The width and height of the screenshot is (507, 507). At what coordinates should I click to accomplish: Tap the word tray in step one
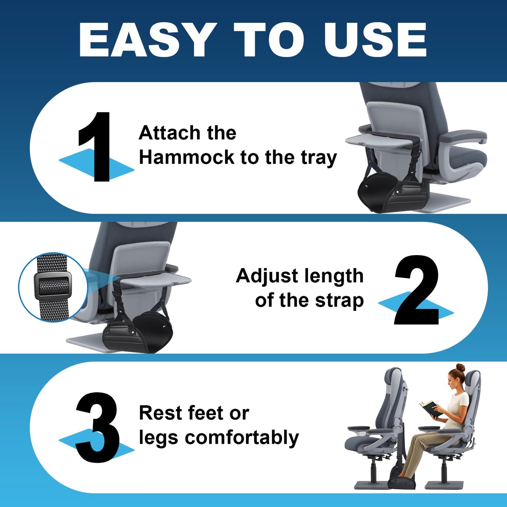(x=319, y=158)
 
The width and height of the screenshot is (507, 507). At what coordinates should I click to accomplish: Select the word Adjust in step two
(x=267, y=276)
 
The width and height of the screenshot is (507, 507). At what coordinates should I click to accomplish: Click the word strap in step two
(x=339, y=301)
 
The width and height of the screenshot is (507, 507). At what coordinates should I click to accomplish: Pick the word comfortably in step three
(x=242, y=438)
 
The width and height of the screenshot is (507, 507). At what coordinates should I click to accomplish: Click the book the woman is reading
(x=430, y=409)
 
